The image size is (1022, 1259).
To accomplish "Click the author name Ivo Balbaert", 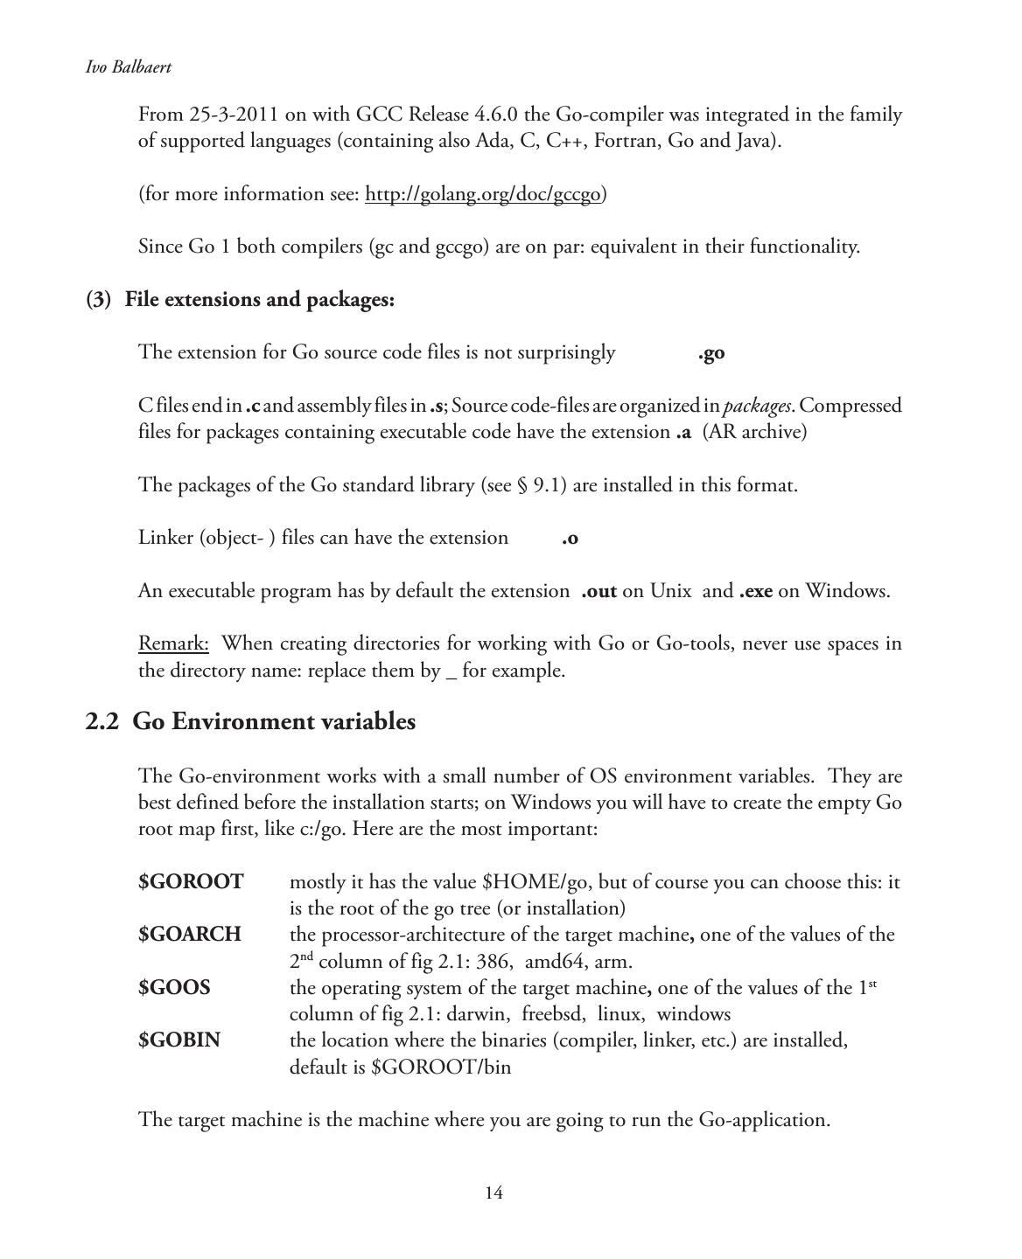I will [128, 67].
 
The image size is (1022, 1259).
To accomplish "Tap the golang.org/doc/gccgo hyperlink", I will [482, 194].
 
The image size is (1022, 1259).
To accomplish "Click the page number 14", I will [493, 1193].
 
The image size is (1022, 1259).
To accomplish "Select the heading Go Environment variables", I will [273, 722].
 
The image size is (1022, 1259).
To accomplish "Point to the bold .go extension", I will [711, 353].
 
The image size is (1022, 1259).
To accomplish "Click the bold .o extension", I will [570, 539].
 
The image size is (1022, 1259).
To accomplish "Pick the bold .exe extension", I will [756, 591].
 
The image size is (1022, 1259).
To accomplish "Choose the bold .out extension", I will [598, 591].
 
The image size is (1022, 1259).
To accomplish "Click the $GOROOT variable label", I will [191, 882].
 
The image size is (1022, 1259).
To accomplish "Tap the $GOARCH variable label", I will [189, 935].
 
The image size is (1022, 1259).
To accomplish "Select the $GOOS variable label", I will [174, 988].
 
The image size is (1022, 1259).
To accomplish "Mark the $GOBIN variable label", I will [179, 1040].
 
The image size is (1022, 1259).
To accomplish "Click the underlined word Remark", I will [173, 644].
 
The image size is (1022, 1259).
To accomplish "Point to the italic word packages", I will [758, 406].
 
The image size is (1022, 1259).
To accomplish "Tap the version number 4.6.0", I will [496, 115].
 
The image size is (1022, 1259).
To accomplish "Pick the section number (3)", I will [98, 300].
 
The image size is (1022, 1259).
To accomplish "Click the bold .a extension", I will [683, 432].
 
